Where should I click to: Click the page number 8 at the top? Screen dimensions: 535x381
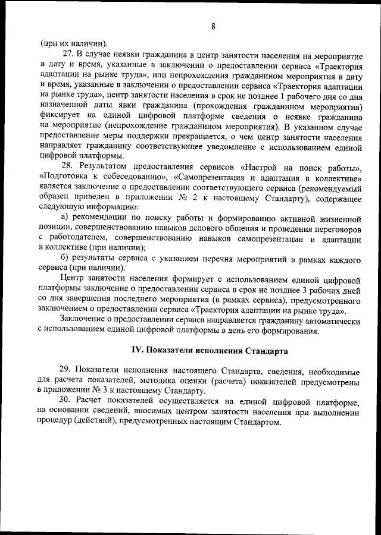coord(213,26)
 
